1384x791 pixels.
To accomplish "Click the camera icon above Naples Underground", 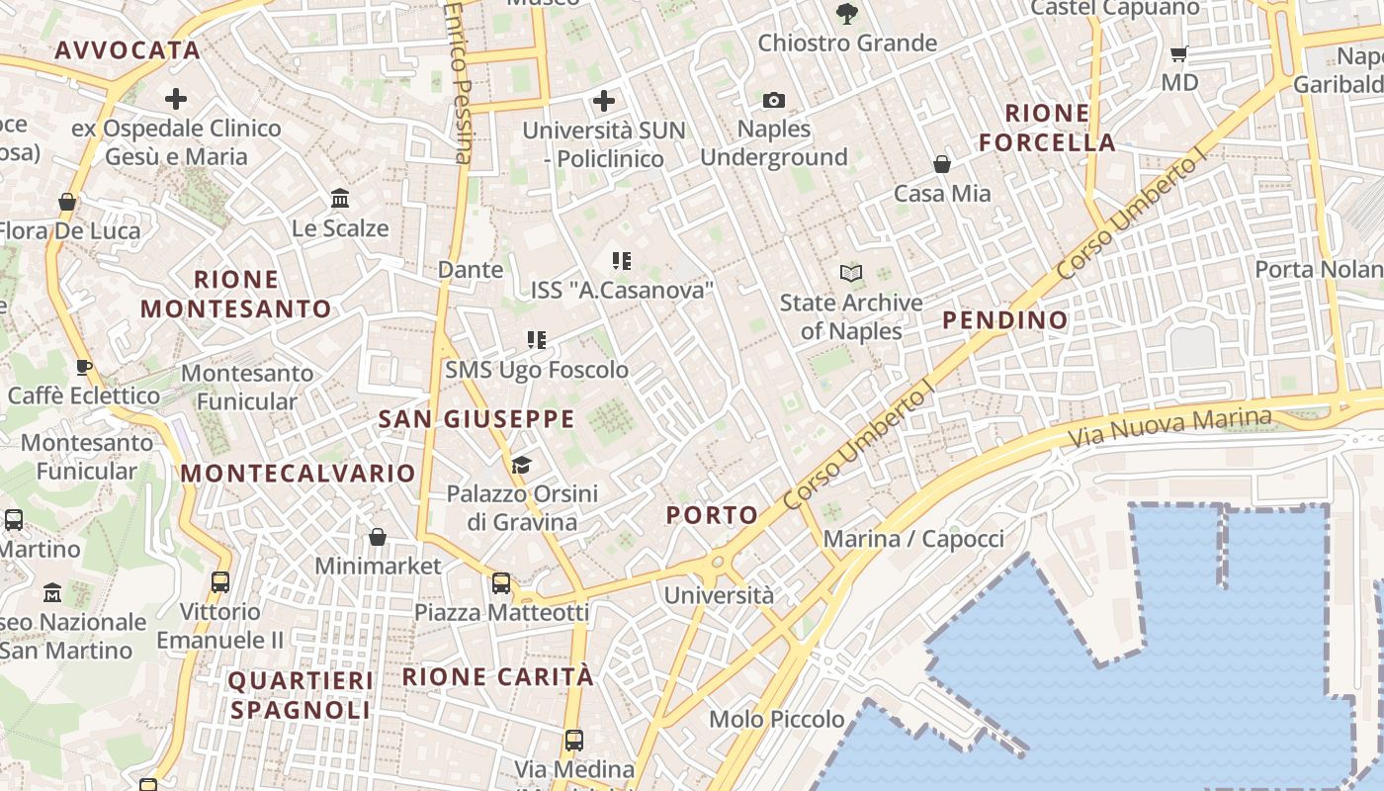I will pyautogui.click(x=774, y=100).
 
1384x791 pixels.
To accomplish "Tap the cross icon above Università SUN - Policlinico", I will pyautogui.click(x=603, y=100).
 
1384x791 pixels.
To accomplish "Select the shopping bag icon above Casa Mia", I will pyautogui.click(x=942, y=163).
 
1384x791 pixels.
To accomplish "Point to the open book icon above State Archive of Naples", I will pyautogui.click(x=850, y=273).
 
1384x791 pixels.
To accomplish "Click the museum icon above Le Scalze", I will pyautogui.click(x=341, y=199).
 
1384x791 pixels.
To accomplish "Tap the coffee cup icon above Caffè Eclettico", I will pyautogui.click(x=84, y=367).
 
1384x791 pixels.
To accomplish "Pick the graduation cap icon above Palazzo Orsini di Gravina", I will pyautogui.click(x=521, y=465).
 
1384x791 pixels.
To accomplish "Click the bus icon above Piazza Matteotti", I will pyautogui.click(x=501, y=583).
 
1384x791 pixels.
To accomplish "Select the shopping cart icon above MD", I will pyautogui.click(x=1178, y=53).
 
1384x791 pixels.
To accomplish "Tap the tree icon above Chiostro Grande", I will pyautogui.click(x=846, y=14).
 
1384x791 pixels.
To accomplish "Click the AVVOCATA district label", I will pyautogui.click(x=128, y=50).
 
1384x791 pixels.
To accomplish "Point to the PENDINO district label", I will pyautogui.click(x=1005, y=320).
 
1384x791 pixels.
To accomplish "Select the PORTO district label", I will pyautogui.click(x=712, y=515).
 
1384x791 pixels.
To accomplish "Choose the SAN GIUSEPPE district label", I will pyautogui.click(x=476, y=419).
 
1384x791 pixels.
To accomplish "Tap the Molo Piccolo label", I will pyautogui.click(x=777, y=719).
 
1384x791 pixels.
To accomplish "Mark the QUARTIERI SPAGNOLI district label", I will pyautogui.click(x=300, y=695).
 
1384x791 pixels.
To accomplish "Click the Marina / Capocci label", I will pyautogui.click(x=913, y=539).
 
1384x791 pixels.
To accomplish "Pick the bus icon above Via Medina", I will pyautogui.click(x=573, y=740).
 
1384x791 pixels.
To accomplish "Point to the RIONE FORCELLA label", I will pyautogui.click(x=1048, y=128).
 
